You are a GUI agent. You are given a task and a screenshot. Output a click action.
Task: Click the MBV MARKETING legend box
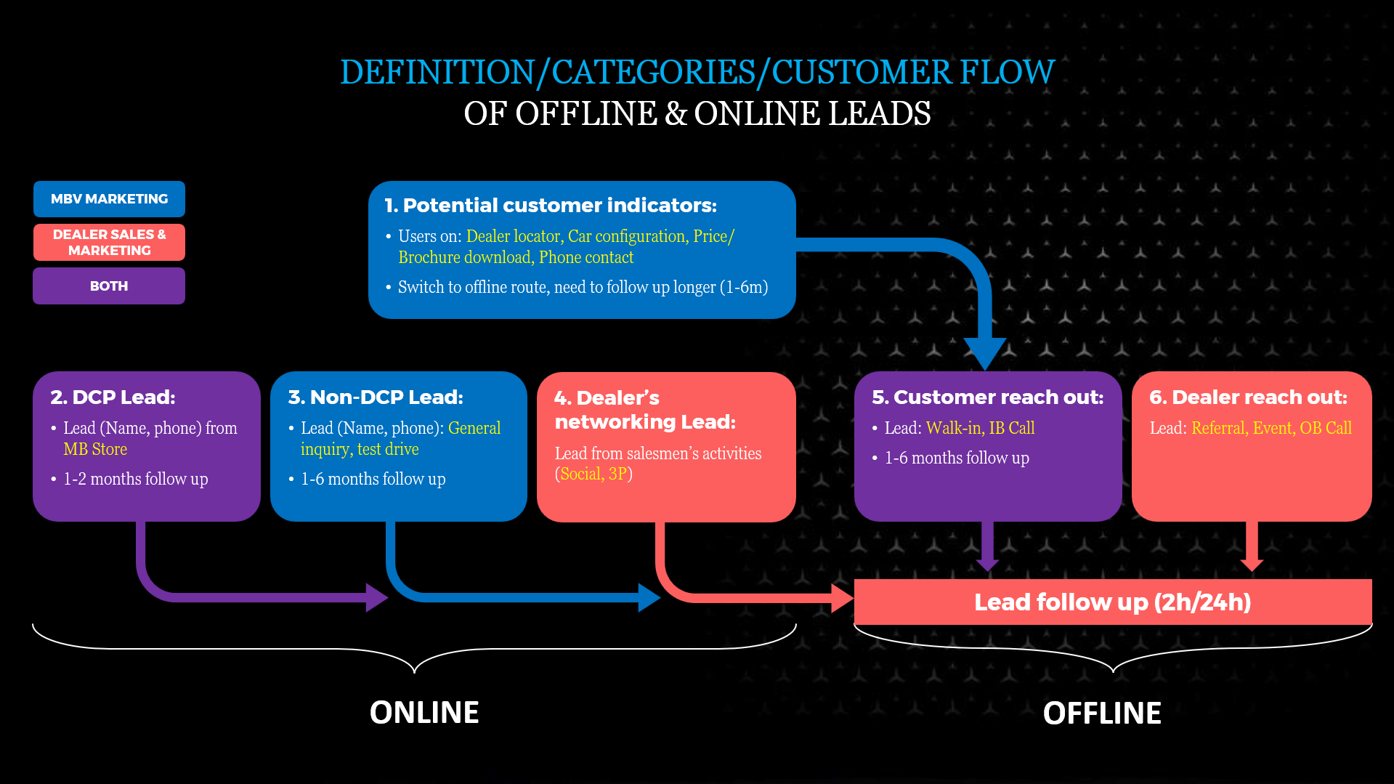coord(109,199)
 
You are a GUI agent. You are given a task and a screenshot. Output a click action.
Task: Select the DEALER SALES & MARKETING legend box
coord(109,242)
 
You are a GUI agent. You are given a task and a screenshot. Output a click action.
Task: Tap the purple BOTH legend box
coord(109,286)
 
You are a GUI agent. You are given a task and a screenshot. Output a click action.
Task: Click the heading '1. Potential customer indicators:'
coord(551,206)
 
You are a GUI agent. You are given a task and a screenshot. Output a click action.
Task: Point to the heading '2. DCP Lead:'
coord(113,397)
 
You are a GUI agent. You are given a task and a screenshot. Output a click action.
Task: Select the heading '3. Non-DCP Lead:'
coord(376,397)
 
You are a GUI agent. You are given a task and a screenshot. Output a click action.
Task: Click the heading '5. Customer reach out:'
coord(987,397)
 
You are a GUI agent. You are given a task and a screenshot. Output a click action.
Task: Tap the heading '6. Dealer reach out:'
coord(1248,397)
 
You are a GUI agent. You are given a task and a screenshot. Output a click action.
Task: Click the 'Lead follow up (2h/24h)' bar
coord(1112,602)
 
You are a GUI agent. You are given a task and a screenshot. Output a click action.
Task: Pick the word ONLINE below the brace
coord(424,713)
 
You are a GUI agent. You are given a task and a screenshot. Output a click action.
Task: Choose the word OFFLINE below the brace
coord(1102,714)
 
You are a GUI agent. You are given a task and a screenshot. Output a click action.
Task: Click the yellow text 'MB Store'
coord(95,449)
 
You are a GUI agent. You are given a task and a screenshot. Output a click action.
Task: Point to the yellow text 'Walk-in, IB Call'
coord(980,428)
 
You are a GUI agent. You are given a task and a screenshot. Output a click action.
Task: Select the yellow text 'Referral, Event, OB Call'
coord(1271,428)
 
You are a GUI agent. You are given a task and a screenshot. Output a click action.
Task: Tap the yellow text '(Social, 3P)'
coord(593,474)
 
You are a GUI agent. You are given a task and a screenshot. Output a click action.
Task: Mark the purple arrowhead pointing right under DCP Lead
coord(376,597)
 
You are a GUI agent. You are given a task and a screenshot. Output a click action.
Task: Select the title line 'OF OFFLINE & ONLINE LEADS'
coord(697,113)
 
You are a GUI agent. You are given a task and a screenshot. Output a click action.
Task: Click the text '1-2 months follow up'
coord(135,479)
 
